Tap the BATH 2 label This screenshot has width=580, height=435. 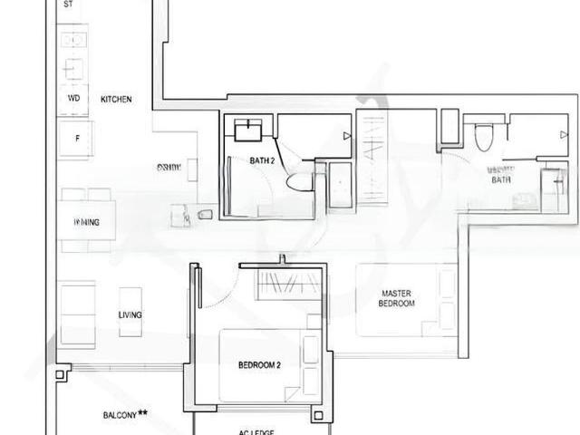[x=262, y=160]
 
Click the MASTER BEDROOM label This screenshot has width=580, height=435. [x=397, y=298]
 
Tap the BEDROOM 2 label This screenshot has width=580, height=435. [x=259, y=365]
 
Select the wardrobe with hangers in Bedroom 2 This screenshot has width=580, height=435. [x=287, y=285]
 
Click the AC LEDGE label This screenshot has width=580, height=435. [x=256, y=432]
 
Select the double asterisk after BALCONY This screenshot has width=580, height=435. [x=143, y=413]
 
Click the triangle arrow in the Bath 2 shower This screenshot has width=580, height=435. [x=346, y=136]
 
